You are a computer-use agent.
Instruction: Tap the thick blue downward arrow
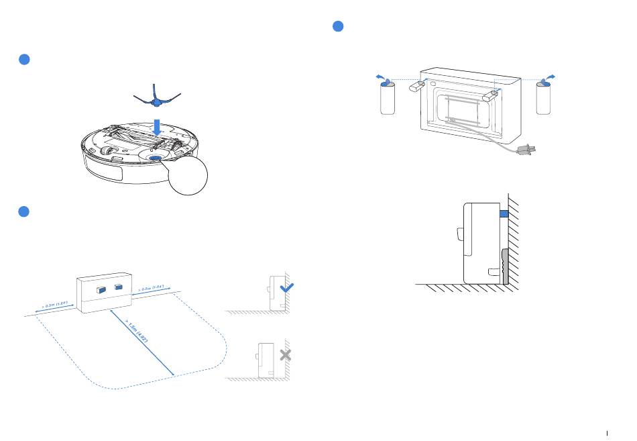[x=157, y=126]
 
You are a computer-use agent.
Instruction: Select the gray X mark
[x=286, y=355]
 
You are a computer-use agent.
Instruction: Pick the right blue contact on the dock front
[x=119, y=288]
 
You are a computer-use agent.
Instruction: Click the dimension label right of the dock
[x=150, y=289]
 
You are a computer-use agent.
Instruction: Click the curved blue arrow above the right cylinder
[x=552, y=78]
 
